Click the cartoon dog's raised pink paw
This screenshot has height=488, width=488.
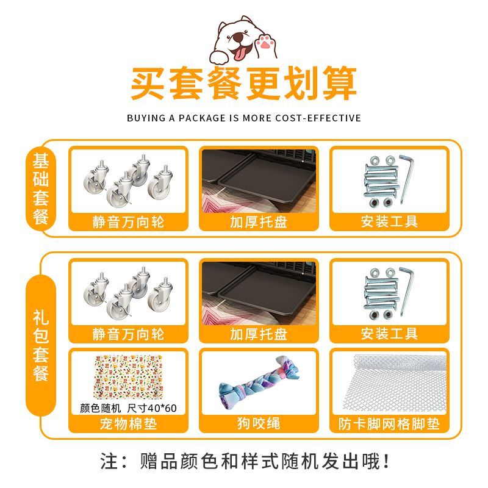(x=265, y=43)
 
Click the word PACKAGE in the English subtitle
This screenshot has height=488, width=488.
(x=202, y=118)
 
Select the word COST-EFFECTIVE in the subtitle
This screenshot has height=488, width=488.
(x=318, y=118)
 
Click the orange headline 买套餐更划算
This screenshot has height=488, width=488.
(x=243, y=84)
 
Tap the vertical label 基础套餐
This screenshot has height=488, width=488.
(x=41, y=189)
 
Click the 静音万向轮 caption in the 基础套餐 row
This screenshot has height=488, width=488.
(x=128, y=222)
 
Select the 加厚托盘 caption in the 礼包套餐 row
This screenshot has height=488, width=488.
(x=259, y=334)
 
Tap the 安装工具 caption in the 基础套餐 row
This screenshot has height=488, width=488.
(x=389, y=221)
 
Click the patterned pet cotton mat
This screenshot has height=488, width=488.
(x=128, y=377)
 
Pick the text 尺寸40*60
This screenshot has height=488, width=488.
(x=152, y=408)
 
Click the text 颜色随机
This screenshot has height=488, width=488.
(x=100, y=408)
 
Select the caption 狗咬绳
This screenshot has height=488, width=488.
(x=259, y=423)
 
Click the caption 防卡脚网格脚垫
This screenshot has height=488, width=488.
(x=389, y=423)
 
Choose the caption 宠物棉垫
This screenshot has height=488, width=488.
(x=128, y=423)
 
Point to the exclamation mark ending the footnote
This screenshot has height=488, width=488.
(x=386, y=461)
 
